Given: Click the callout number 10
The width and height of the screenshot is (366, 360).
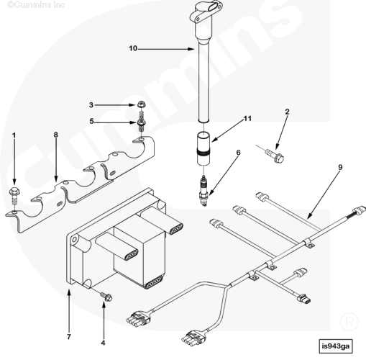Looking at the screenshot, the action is pyautogui.click(x=133, y=48).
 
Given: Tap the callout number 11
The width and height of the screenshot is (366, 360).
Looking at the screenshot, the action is pyautogui.click(x=247, y=119).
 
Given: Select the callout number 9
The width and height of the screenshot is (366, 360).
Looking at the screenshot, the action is pyautogui.click(x=340, y=167).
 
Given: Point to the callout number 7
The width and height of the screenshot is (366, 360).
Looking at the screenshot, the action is pyautogui.click(x=69, y=337).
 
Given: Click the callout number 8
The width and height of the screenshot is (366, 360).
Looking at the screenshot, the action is pyautogui.click(x=56, y=135).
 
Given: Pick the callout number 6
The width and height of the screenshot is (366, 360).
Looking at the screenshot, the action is pyautogui.click(x=238, y=153).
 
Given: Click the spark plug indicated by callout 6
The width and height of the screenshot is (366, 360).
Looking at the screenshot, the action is pyautogui.click(x=203, y=191).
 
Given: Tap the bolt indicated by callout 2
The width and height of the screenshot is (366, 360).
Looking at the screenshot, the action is pyautogui.click(x=275, y=156).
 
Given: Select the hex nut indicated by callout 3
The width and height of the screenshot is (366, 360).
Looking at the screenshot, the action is pyautogui.click(x=141, y=104).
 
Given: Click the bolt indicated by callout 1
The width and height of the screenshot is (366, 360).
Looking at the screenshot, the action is pyautogui.click(x=14, y=195).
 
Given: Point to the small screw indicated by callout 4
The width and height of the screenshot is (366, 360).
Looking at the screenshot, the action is pyautogui.click(x=106, y=297).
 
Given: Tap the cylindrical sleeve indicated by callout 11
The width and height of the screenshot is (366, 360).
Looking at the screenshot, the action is pyautogui.click(x=203, y=148).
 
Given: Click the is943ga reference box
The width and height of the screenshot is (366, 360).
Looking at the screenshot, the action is pyautogui.click(x=336, y=346).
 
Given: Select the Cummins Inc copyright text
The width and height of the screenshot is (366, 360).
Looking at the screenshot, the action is pyautogui.click(x=36, y=5).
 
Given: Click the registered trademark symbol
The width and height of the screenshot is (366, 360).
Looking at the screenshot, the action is pyautogui.click(x=349, y=322).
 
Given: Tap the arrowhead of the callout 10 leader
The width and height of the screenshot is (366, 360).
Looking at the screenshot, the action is pyautogui.click(x=191, y=49).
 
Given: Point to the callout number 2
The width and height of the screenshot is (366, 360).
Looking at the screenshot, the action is pyautogui.click(x=287, y=112).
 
